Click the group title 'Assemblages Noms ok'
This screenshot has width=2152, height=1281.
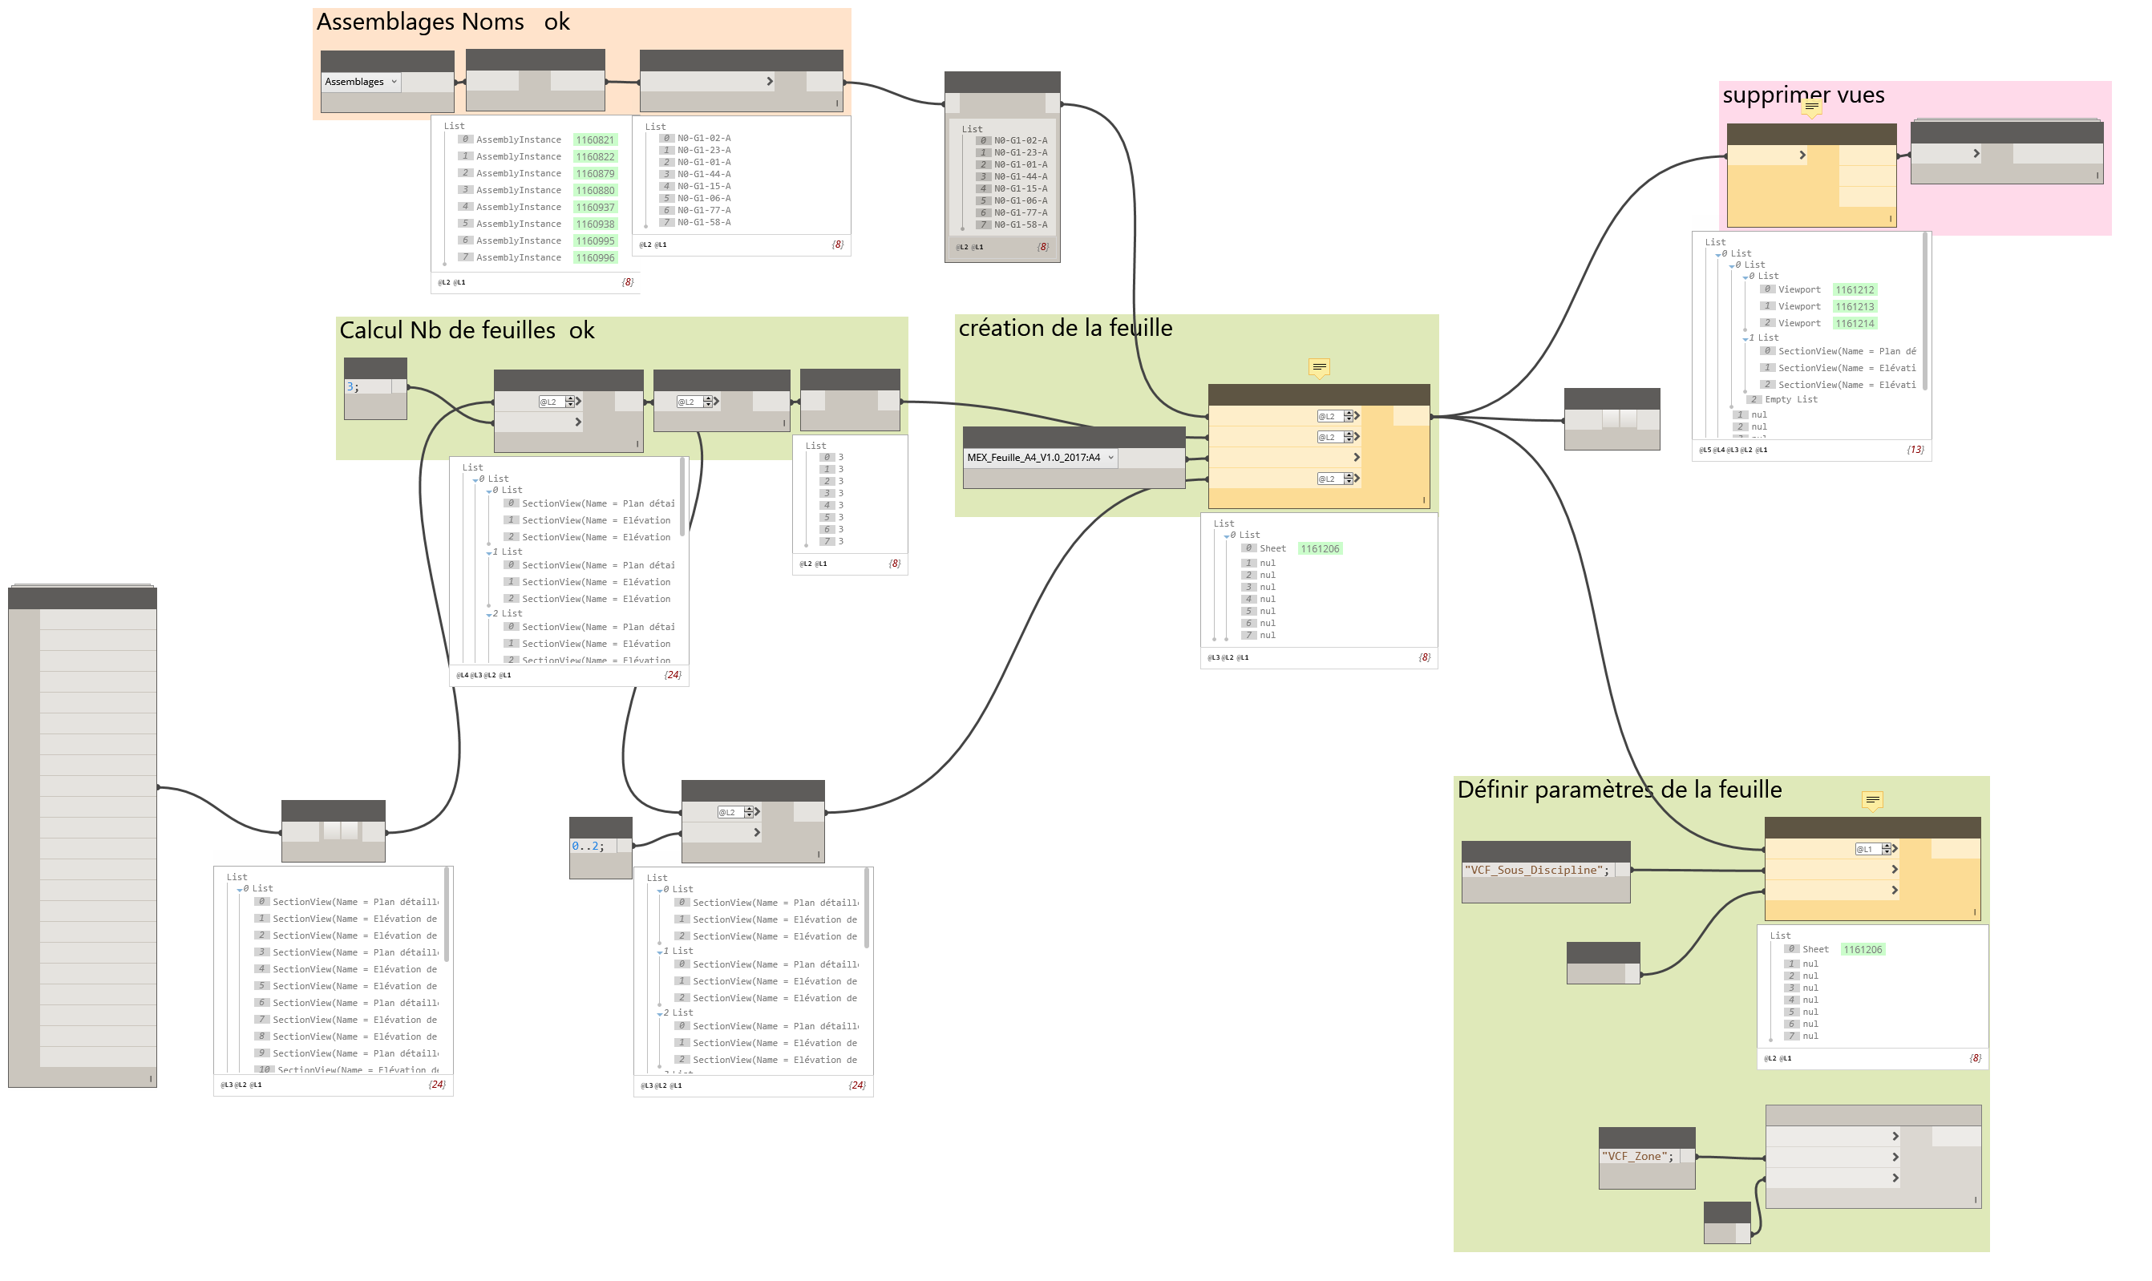[443, 22]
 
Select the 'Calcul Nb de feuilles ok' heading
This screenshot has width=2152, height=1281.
[466, 330]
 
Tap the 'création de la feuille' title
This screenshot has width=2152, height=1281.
[1066, 328]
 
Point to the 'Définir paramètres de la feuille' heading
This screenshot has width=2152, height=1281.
[1619, 790]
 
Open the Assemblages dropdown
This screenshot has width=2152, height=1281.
[361, 82]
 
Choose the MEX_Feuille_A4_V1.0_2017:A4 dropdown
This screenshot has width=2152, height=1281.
[1040, 458]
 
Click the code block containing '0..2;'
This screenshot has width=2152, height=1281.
[589, 846]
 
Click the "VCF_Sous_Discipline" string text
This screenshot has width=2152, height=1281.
[1536, 870]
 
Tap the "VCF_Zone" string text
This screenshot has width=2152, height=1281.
[1637, 1157]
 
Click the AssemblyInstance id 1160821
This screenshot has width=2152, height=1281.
[595, 139]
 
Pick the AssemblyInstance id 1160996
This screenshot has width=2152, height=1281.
[595, 258]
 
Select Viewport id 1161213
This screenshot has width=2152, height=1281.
[1855, 306]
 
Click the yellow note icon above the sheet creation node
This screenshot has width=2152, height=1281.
[1319, 368]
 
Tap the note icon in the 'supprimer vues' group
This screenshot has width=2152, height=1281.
[1812, 107]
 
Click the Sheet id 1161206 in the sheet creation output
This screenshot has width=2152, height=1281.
[1320, 549]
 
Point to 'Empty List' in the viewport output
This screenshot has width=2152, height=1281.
[1790, 400]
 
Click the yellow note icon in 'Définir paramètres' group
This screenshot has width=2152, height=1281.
[1872, 801]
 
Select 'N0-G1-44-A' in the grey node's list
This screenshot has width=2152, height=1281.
[1021, 177]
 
